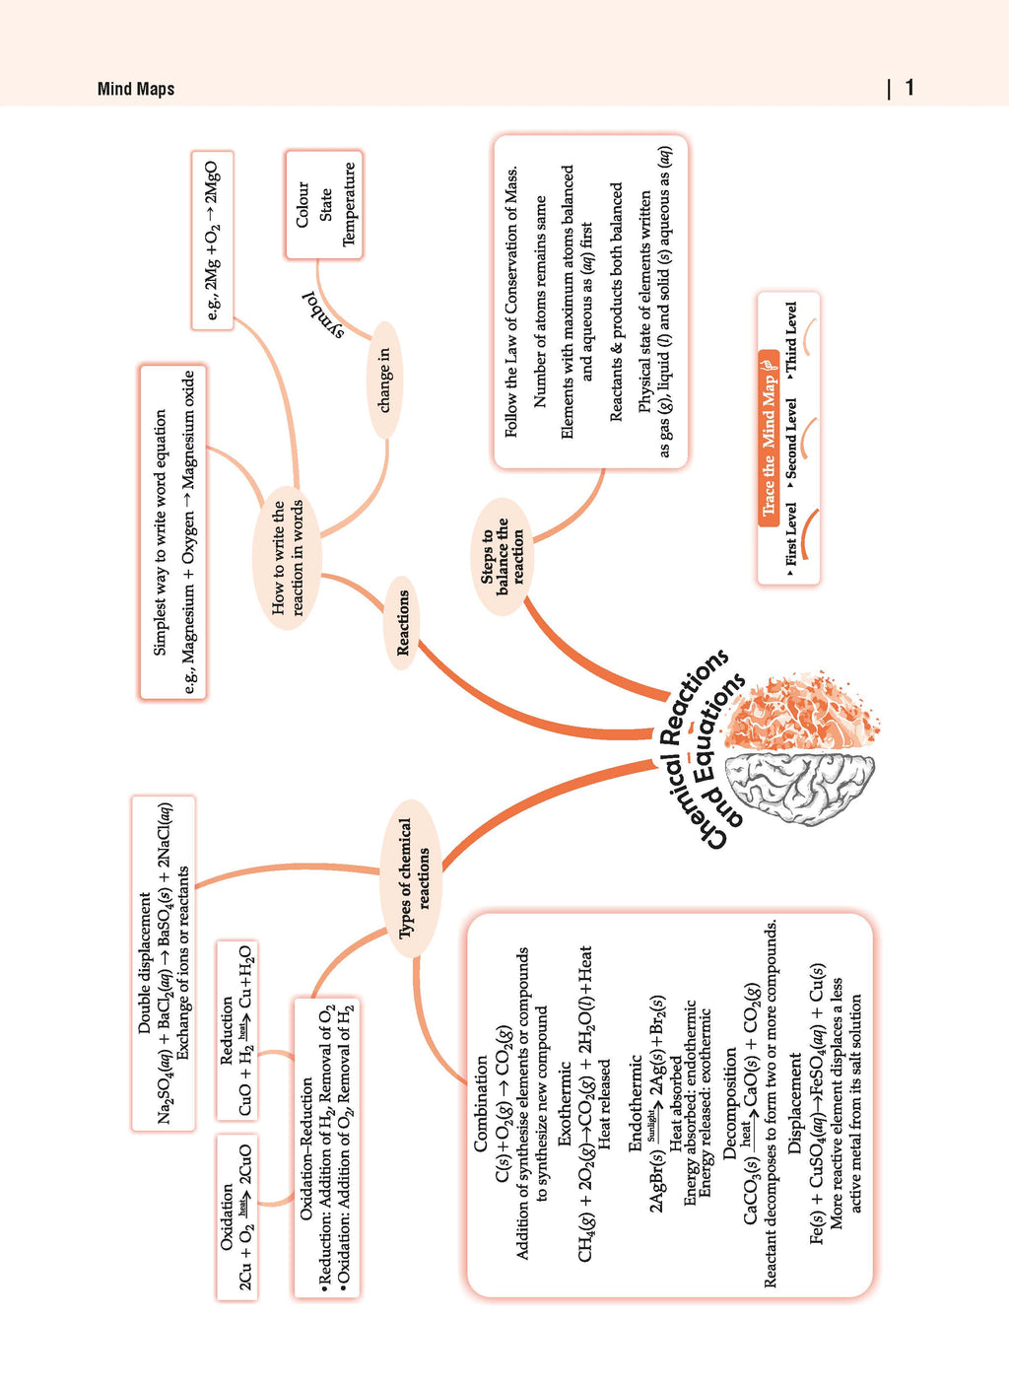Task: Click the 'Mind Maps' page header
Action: click(136, 89)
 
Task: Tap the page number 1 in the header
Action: click(908, 88)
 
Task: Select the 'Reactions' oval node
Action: click(402, 623)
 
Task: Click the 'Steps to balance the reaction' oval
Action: click(503, 556)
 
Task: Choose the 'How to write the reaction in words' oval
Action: click(287, 558)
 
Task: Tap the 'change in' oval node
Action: click(384, 381)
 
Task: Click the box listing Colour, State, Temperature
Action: click(324, 204)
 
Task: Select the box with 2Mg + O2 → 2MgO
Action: click(213, 240)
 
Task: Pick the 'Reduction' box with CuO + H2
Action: click(236, 1030)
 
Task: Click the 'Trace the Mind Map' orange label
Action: click(769, 439)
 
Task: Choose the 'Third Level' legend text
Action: click(791, 338)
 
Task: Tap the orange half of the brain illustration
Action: click(802, 714)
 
